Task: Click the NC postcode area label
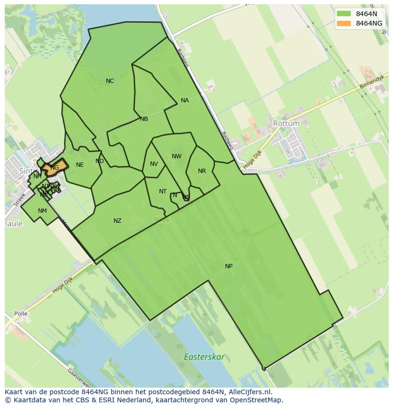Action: click(x=110, y=81)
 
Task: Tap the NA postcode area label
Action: click(x=185, y=100)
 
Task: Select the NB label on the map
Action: click(x=144, y=119)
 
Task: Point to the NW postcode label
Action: click(x=177, y=156)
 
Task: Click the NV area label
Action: click(x=154, y=164)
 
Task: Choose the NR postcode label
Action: click(x=202, y=171)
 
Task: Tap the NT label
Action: click(x=163, y=191)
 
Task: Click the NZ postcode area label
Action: click(x=117, y=221)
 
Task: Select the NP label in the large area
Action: click(x=229, y=266)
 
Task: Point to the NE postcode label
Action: click(x=80, y=165)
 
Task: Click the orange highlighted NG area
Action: click(x=55, y=168)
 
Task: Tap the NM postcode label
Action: click(x=42, y=211)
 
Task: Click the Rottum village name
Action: click(x=286, y=123)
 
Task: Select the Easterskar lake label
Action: click(x=205, y=357)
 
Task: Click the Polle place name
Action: click(x=20, y=314)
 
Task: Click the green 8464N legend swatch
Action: click(x=344, y=14)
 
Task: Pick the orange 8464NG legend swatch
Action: click(x=344, y=23)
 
